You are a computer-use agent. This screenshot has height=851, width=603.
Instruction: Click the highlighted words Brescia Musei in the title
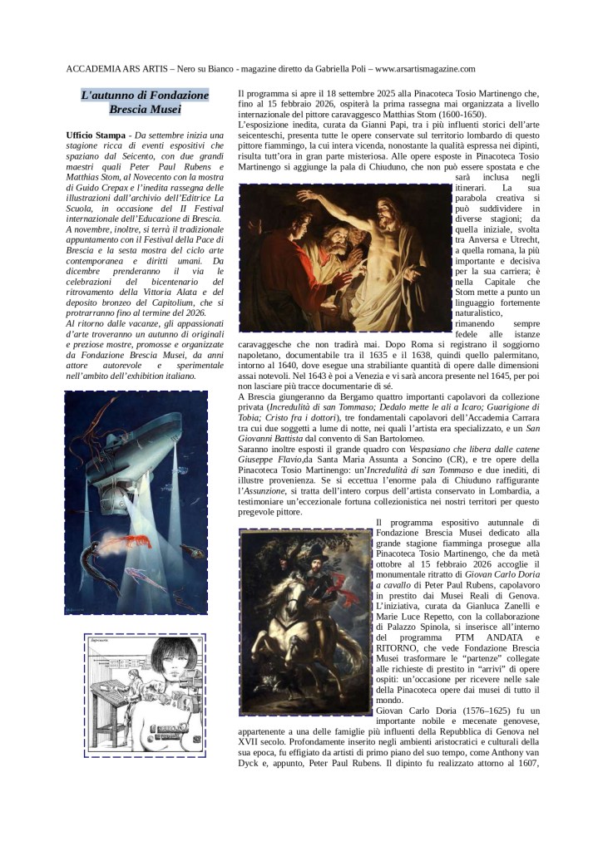coord(145,109)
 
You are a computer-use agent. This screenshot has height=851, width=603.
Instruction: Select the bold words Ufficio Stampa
coord(96,135)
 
